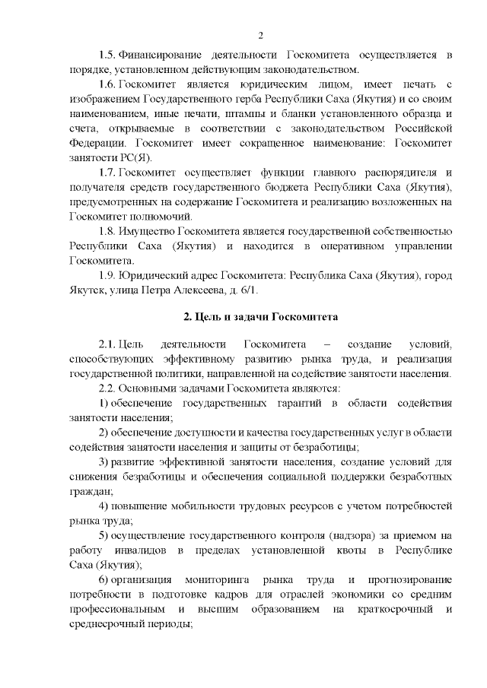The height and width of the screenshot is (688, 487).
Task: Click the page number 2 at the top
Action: coord(260,36)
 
